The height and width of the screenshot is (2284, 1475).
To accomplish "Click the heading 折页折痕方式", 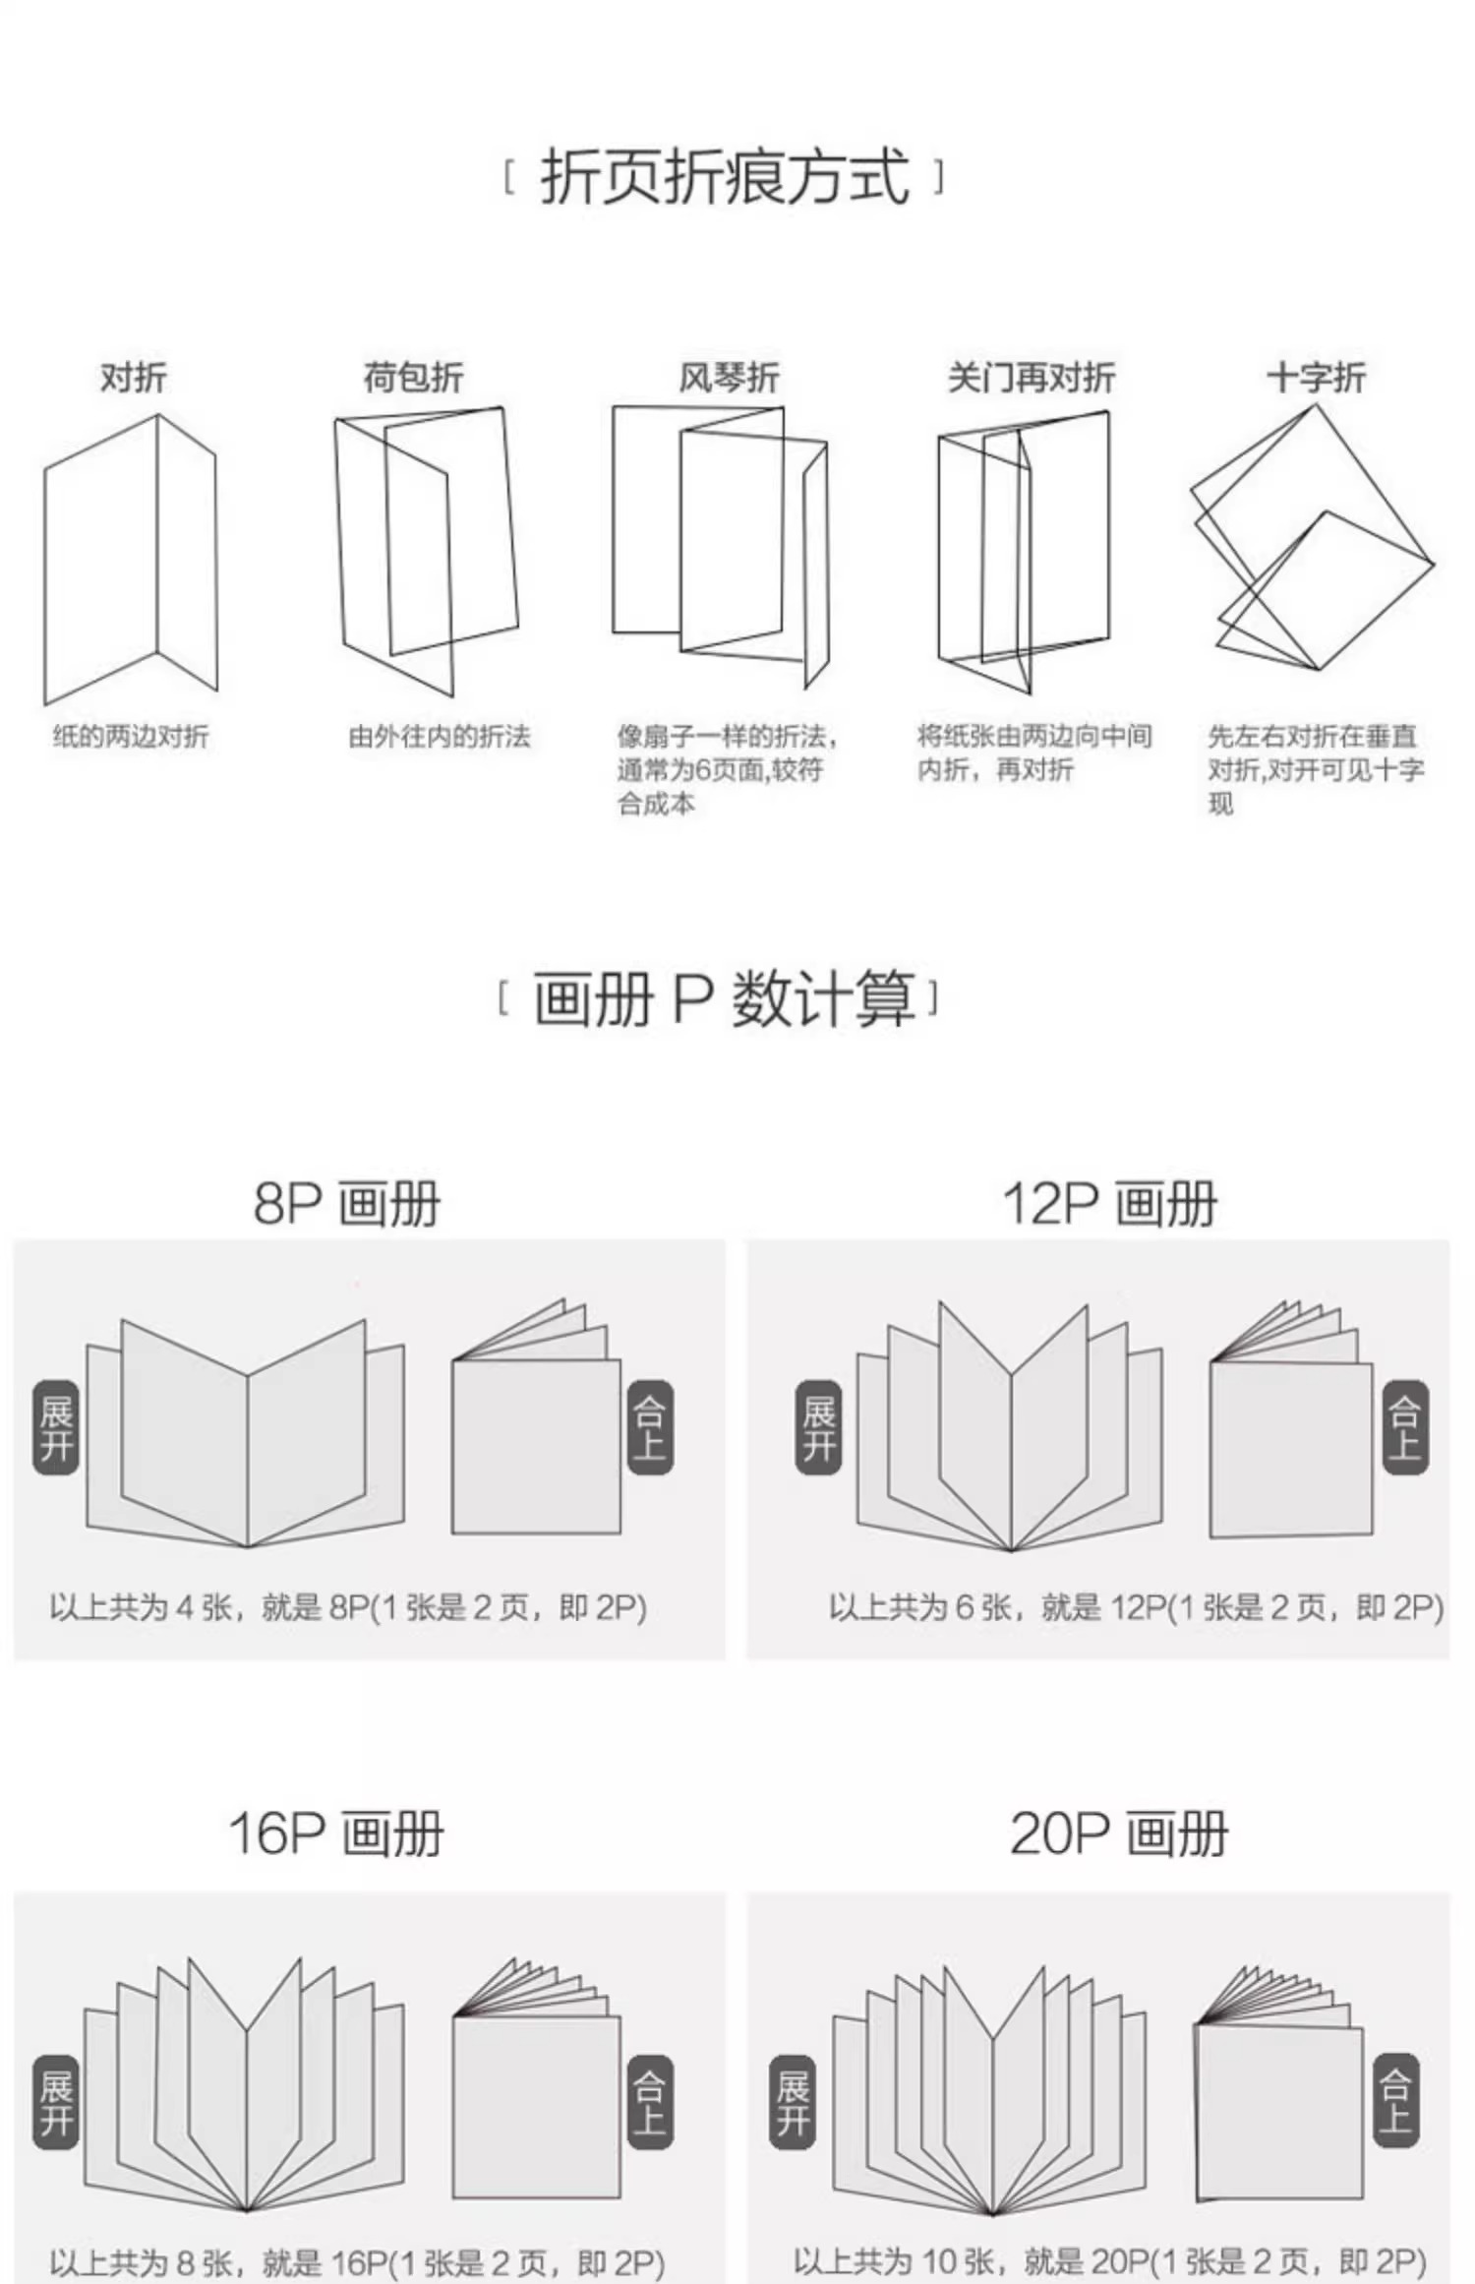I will point(725,178).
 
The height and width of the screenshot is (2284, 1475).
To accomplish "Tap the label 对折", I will point(134,378).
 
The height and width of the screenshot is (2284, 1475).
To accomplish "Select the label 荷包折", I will point(413,378).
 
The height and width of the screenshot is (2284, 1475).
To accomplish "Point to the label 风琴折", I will point(729,378).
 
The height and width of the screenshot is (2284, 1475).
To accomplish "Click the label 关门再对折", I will point(1031,378).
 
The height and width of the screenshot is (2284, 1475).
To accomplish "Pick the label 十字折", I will point(1316,378).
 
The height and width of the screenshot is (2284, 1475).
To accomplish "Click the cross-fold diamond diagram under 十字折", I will point(1313,541).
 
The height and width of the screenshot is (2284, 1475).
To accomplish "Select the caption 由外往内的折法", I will point(440,737).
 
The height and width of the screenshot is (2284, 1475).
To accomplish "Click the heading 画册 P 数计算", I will point(723,999).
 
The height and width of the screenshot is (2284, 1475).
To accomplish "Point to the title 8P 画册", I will point(347,1203).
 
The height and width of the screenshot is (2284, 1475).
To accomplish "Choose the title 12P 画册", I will point(1109,1203).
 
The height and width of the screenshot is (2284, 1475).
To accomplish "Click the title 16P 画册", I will point(336,1833).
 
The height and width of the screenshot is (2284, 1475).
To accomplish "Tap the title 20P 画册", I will point(1119,1833).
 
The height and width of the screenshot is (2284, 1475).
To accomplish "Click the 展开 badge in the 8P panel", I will point(56,1428).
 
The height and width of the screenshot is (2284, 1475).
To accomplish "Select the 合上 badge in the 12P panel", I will point(1405,1428).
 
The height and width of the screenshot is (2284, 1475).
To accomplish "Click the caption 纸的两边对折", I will point(131,737).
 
